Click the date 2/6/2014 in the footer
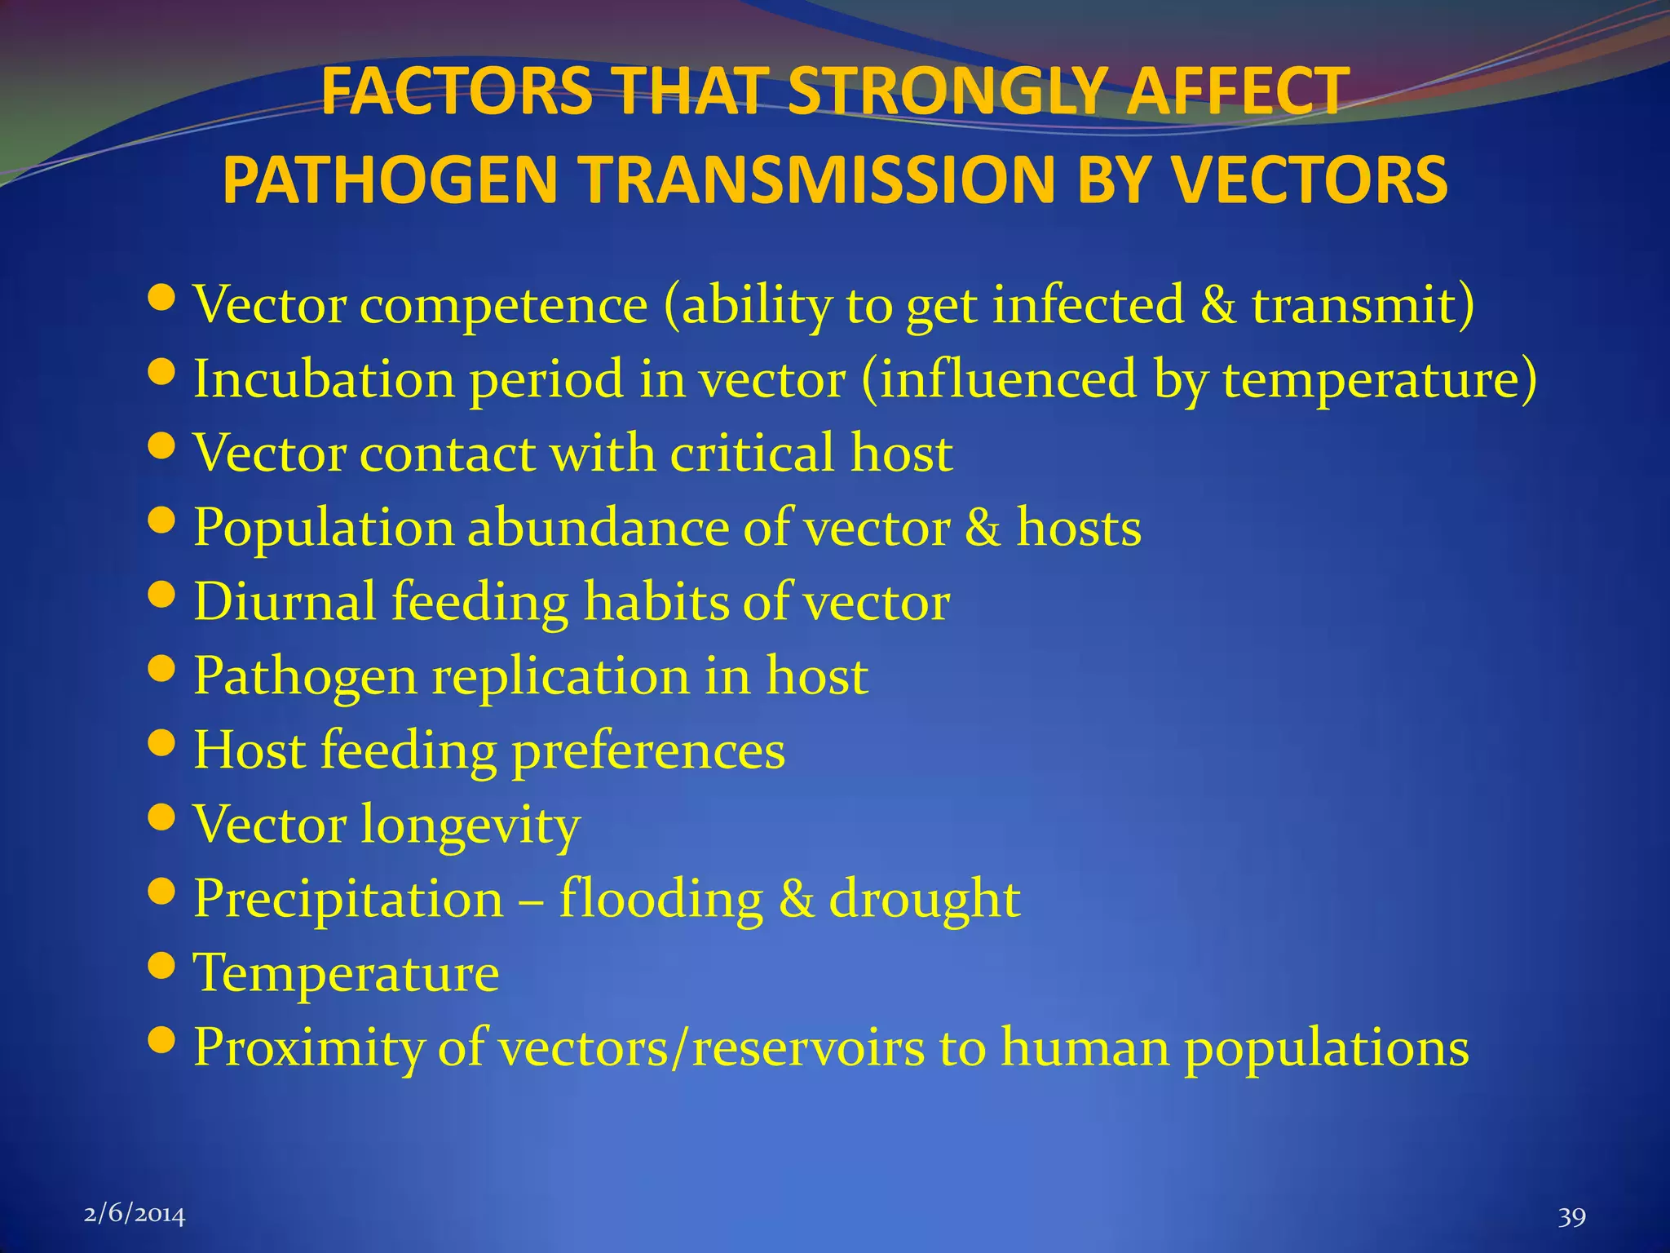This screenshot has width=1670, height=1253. pyautogui.click(x=135, y=1215)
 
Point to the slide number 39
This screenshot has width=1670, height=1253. pyautogui.click(x=1571, y=1217)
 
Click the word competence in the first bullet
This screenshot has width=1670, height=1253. pyautogui.click(x=503, y=305)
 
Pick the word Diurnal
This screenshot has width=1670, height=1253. pyautogui.click(x=285, y=602)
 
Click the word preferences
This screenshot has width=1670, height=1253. pyautogui.click(x=648, y=750)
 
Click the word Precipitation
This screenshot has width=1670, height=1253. pyautogui.click(x=348, y=899)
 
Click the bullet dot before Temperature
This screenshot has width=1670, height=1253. pyautogui.click(x=163, y=966)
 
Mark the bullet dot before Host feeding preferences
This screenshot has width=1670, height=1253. pyautogui.click(x=163, y=743)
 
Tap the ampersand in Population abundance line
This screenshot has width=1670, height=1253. pyautogui.click(x=983, y=528)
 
